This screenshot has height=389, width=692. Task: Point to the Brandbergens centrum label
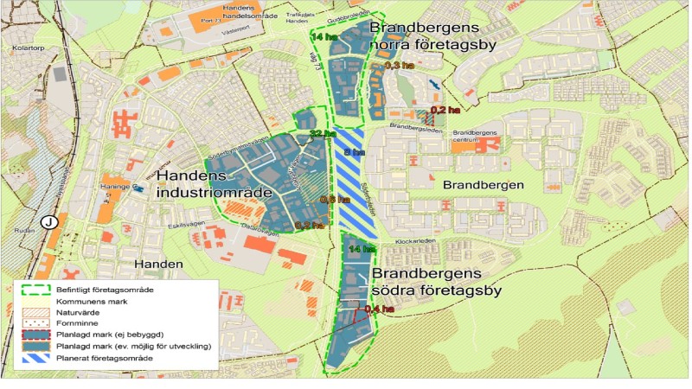(476, 137)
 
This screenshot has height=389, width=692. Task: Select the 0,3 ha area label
(397, 66)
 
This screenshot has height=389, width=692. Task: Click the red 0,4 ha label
(378, 309)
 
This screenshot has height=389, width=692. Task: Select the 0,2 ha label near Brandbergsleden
(444, 110)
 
